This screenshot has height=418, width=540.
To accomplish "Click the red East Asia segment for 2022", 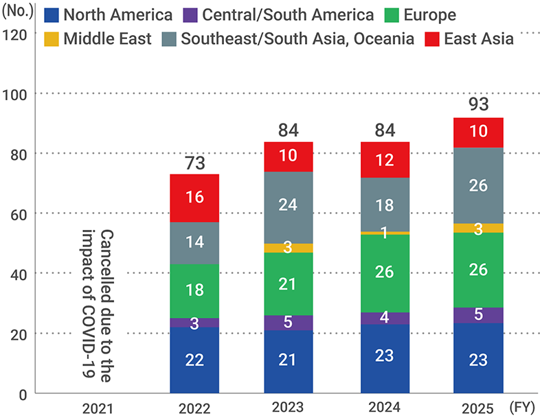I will tap(194, 198).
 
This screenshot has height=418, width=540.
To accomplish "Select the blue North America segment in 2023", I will tap(288, 361).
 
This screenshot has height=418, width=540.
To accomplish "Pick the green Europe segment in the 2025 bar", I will tap(477, 270).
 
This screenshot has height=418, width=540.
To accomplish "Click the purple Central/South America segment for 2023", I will tap(288, 323).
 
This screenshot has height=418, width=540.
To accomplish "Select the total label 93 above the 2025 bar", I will tap(477, 105).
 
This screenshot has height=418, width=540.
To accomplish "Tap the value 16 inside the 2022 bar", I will tap(194, 198).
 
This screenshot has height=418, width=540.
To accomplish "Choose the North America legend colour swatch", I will tap(51, 15).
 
